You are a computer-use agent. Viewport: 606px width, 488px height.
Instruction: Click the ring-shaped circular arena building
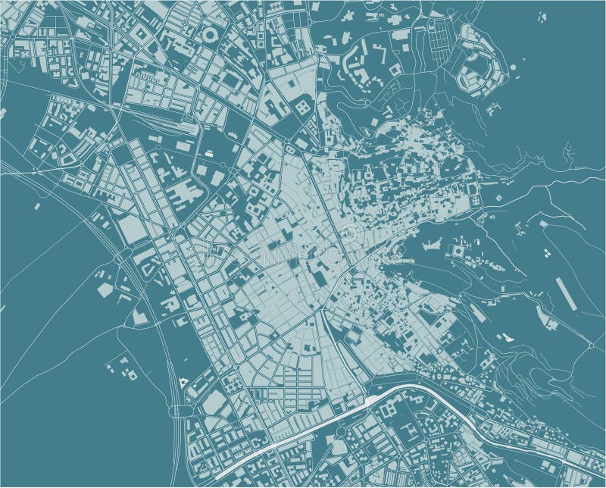coord(210,36)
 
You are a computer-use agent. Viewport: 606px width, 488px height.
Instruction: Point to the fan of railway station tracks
coord(163,121)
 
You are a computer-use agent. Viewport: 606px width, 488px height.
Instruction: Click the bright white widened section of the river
coord(373,400)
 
